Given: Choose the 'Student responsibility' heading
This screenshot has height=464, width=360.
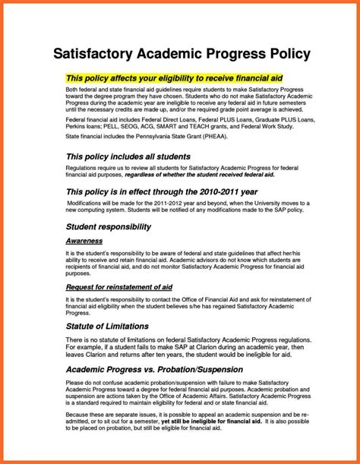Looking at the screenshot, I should (x=109, y=226).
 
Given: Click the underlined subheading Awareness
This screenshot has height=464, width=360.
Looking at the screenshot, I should (x=84, y=240).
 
